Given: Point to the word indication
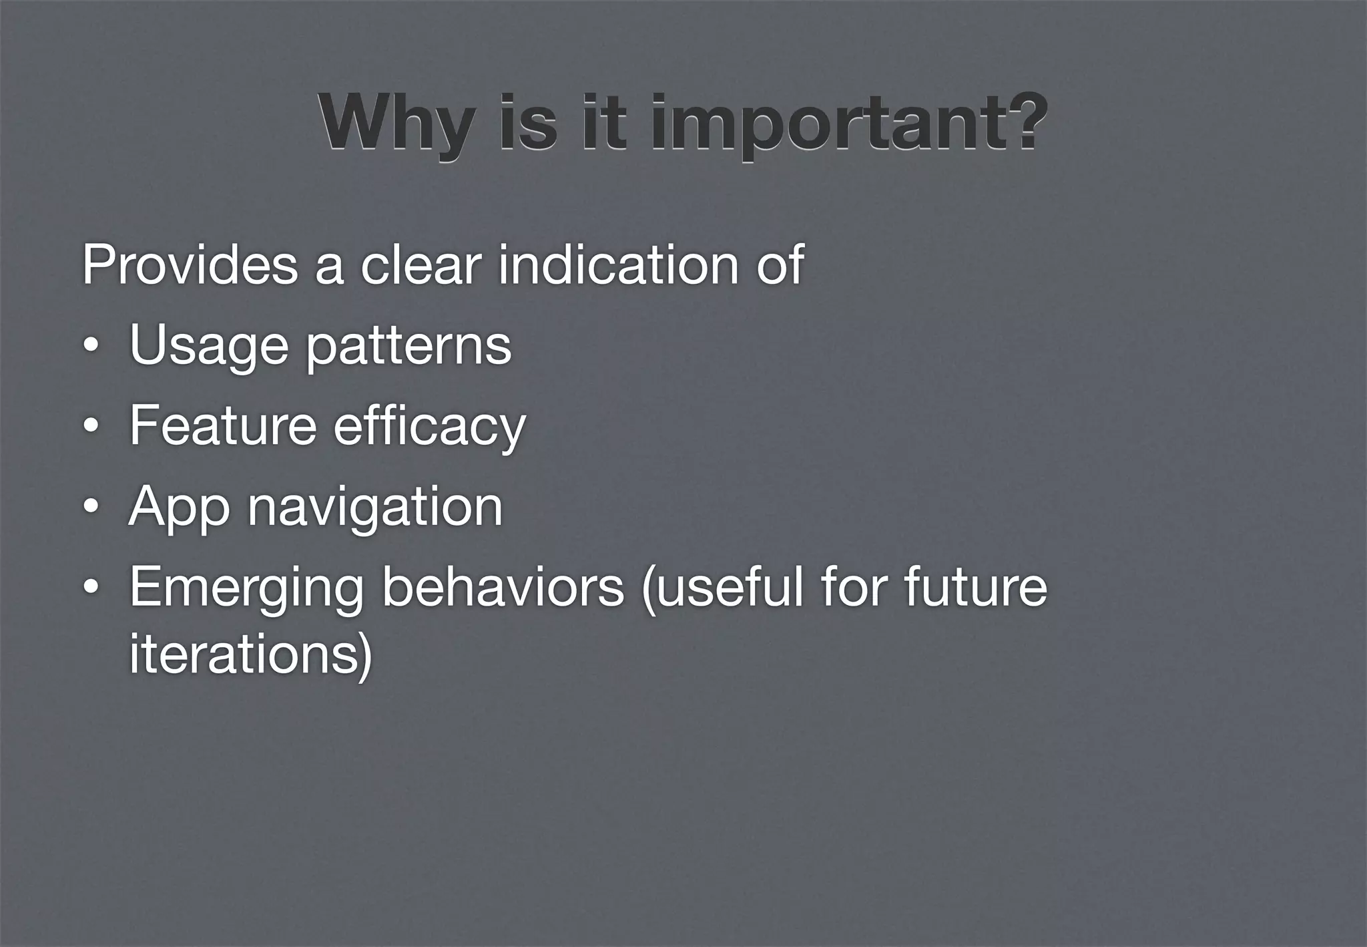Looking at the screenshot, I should pyautogui.click(x=617, y=265).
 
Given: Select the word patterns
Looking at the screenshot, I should pyautogui.click(x=408, y=347).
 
